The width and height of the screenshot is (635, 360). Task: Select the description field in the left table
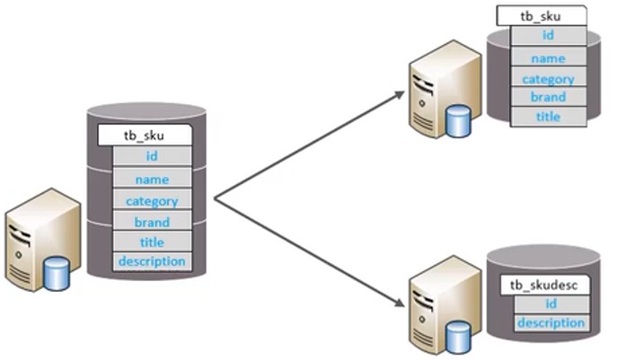click(152, 261)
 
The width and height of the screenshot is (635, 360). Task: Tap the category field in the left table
click(152, 201)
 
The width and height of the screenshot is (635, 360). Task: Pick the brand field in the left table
click(152, 222)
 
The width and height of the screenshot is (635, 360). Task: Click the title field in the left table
click(152, 241)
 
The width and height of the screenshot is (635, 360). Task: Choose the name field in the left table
click(152, 179)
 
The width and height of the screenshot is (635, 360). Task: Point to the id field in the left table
click(152, 157)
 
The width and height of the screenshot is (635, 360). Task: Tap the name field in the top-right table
click(549, 58)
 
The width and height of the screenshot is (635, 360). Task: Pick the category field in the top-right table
click(549, 78)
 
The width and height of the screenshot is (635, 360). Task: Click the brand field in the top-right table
click(549, 97)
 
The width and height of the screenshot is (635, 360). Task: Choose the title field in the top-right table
click(549, 117)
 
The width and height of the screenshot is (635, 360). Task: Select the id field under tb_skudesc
click(551, 304)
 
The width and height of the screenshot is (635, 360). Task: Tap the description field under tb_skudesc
click(551, 322)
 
